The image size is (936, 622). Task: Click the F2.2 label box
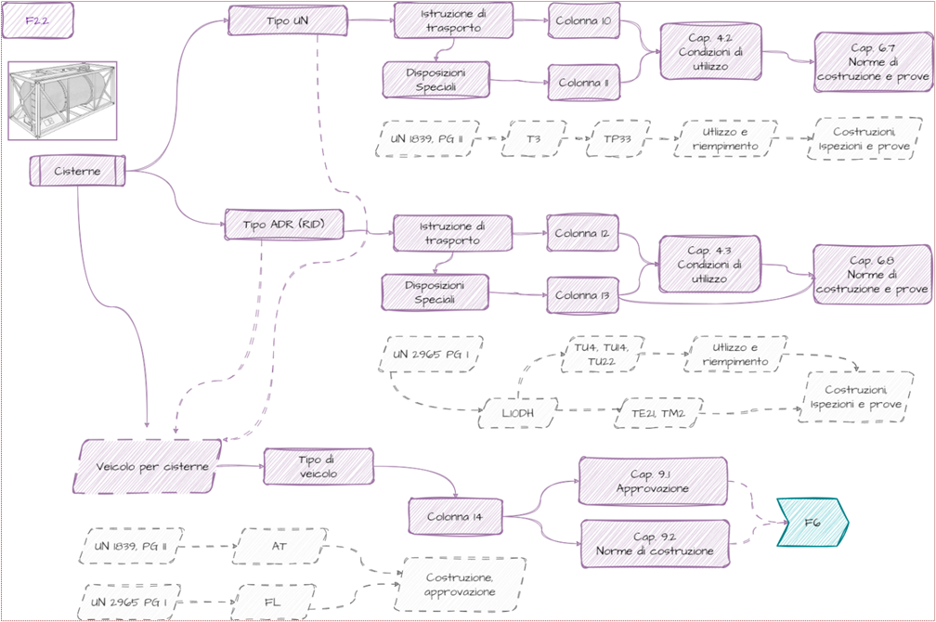click(x=37, y=20)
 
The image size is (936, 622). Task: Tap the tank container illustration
click(x=62, y=100)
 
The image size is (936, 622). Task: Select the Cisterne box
click(x=78, y=171)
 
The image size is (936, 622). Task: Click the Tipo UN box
click(x=288, y=20)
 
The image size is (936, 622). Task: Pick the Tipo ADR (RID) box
click(x=284, y=225)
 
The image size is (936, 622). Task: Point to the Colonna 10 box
click(x=584, y=20)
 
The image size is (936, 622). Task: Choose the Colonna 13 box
click(x=582, y=295)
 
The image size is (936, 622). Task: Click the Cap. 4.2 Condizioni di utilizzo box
click(x=710, y=52)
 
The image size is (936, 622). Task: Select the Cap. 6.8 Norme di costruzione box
click(x=872, y=275)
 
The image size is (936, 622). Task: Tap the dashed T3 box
click(x=534, y=139)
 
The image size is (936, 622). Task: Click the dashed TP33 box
click(x=617, y=139)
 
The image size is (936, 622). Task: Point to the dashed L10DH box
click(x=518, y=413)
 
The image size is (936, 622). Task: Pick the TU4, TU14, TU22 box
click(x=602, y=354)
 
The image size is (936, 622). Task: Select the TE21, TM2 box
click(x=658, y=413)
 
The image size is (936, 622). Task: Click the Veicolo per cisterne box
click(x=148, y=466)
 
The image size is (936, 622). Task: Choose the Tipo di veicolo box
click(x=318, y=466)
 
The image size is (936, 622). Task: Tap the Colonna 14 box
click(x=455, y=516)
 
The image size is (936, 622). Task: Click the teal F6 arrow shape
click(x=812, y=523)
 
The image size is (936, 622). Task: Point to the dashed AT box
click(x=279, y=546)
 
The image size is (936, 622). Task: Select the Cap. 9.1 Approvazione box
click(x=653, y=481)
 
